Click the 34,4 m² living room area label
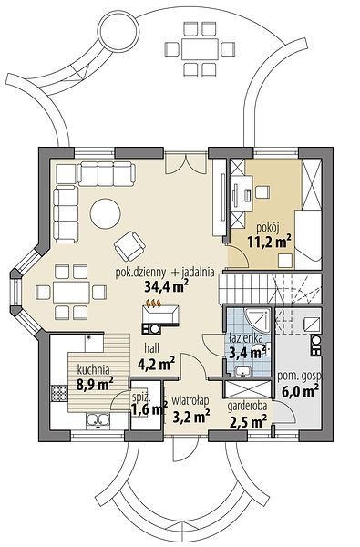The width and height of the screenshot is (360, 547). [167, 286]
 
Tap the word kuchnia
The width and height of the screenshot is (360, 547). [94, 369]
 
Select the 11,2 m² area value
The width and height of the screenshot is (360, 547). [269, 241]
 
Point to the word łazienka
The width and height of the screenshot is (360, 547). [246, 338]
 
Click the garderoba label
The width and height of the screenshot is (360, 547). [247, 407]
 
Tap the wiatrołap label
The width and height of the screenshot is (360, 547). [190, 400]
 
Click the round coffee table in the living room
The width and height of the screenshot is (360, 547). [105, 213]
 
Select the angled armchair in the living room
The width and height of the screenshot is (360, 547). [129, 246]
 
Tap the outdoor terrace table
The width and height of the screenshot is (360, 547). [200, 49]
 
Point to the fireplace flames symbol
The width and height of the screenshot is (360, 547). [153, 304]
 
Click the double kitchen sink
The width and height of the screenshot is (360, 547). [98, 420]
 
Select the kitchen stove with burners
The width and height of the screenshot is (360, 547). [59, 394]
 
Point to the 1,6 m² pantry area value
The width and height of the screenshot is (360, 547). [149, 408]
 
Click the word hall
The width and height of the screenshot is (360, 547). [152, 348]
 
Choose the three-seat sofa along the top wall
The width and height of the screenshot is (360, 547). [106, 173]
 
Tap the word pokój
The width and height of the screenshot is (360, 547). [268, 228]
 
